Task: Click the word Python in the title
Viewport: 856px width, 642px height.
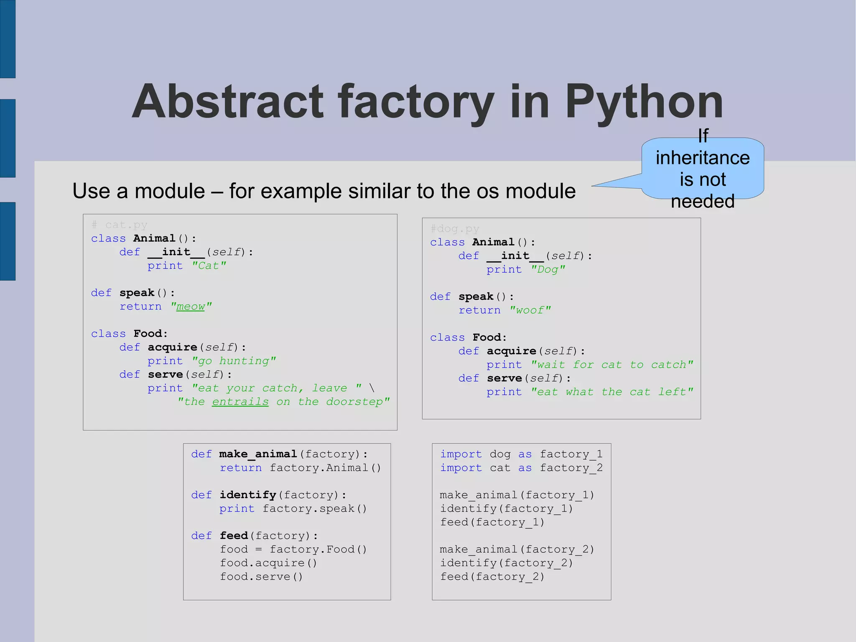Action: [644, 102]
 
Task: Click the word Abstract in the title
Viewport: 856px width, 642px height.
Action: [228, 102]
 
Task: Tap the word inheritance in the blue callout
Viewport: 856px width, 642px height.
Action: [703, 158]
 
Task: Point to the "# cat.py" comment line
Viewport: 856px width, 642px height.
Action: [120, 225]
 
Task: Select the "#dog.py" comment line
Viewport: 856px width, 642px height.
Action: [455, 229]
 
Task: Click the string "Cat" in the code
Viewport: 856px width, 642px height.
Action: [209, 266]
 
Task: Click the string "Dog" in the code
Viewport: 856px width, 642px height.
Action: [548, 269]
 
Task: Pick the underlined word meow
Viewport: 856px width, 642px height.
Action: [191, 307]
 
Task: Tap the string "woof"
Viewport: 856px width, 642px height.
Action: [530, 310]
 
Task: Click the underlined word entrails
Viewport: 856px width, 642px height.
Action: [240, 402]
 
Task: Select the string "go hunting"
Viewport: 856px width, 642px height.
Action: [234, 361]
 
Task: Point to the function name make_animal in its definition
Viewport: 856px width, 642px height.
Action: [258, 454]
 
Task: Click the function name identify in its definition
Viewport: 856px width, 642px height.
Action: [248, 495]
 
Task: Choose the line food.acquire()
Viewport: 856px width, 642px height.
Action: [268, 563]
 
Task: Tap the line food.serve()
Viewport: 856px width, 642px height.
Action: [261, 577]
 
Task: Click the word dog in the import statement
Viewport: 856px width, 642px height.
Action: [500, 454]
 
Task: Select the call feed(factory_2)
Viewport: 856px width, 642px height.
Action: [492, 577]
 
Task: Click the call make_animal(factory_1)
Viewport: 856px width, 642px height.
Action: [517, 495]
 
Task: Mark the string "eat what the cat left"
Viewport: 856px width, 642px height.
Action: [612, 392]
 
